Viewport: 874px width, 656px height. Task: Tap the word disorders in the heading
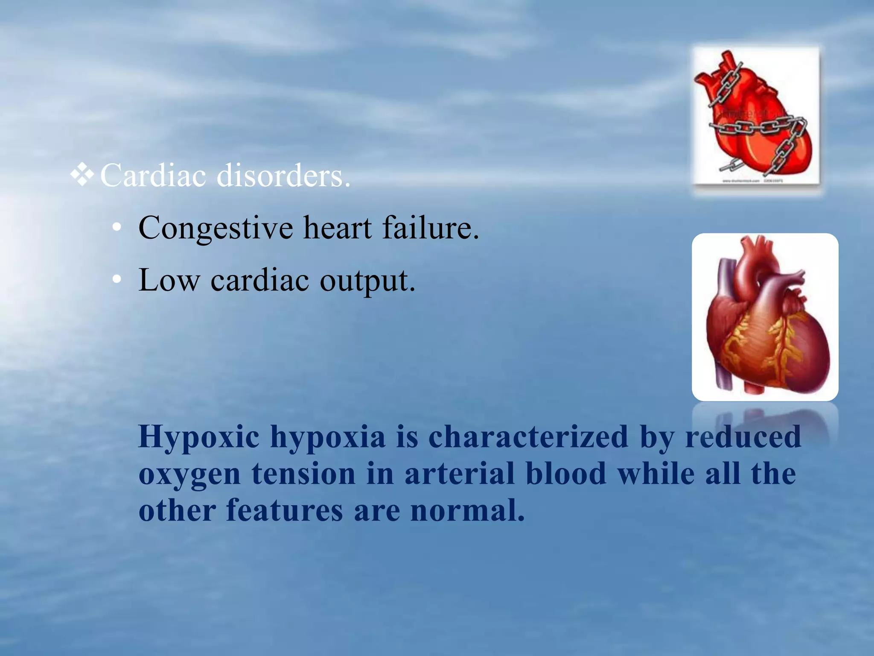283,176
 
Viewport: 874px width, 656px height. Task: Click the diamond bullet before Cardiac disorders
82,176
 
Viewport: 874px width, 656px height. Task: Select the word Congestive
216,228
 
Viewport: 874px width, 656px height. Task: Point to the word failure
430,227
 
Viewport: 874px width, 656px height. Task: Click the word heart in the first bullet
337,227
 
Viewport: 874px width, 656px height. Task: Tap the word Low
169,280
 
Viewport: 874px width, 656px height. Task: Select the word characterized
528,436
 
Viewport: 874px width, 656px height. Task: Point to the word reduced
743,436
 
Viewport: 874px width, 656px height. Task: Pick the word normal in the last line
467,510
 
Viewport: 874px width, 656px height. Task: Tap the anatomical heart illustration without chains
765,317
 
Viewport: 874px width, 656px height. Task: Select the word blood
566,473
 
